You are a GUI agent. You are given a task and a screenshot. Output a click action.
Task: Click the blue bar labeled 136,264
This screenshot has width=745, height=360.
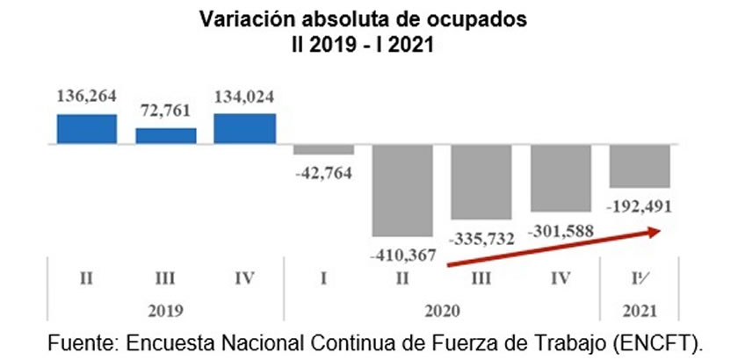point(87,127)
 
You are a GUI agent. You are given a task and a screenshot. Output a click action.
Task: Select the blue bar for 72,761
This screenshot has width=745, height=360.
point(166,134)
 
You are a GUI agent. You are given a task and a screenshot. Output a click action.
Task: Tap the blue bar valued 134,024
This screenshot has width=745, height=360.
point(245,127)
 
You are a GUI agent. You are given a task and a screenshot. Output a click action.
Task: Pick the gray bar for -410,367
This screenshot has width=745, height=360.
point(402,189)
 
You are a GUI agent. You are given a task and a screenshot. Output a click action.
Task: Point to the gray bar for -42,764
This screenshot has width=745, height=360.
point(323,148)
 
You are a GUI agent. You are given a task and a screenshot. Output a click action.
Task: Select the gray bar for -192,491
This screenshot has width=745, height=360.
point(640,164)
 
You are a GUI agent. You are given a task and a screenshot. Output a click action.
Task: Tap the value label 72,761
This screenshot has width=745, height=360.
point(165,114)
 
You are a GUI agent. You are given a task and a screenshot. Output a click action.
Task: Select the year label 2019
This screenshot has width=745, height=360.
point(166,310)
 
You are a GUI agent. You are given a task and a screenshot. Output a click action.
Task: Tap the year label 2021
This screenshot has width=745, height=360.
point(640,310)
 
